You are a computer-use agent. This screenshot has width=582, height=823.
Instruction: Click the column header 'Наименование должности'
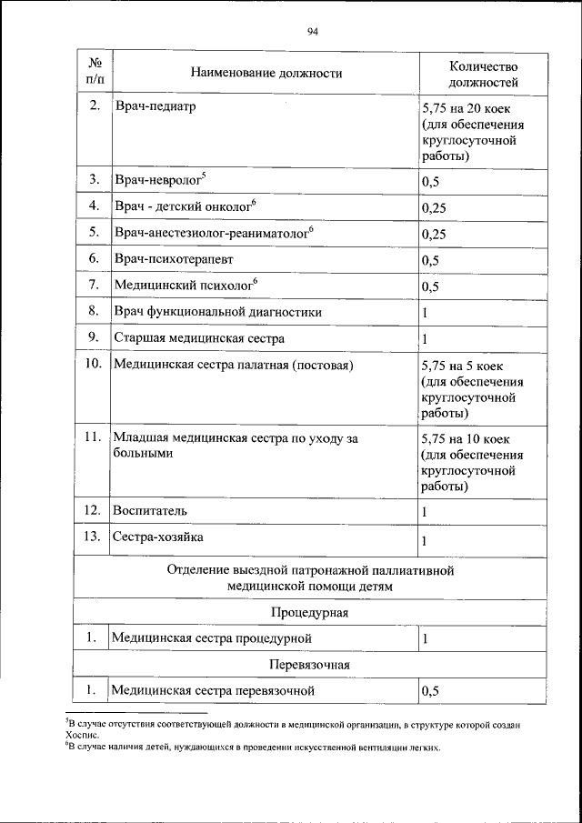click(x=266, y=73)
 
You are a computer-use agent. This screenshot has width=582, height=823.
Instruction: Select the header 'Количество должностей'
click(x=483, y=74)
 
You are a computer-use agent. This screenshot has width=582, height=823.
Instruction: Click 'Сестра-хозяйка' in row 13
click(x=157, y=537)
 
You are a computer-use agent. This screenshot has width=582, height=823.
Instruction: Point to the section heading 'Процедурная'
click(x=310, y=612)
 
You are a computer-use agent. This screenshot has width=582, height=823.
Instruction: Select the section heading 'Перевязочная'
click(x=310, y=665)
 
